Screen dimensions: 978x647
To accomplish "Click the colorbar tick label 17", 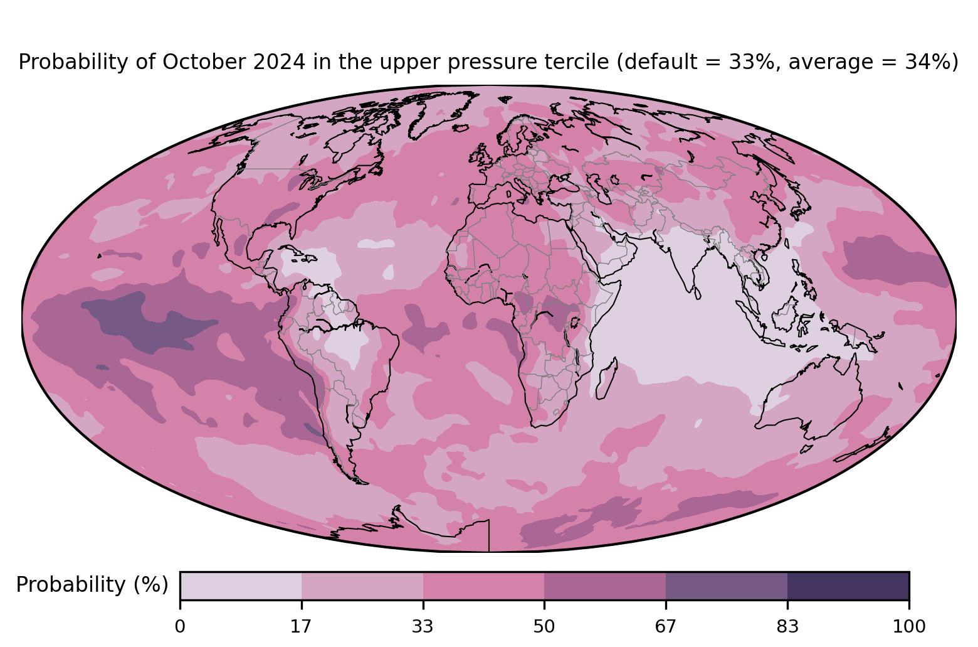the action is click(301, 627).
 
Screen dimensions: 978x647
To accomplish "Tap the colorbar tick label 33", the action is click(423, 627).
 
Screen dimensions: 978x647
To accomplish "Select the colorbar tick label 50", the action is click(544, 627).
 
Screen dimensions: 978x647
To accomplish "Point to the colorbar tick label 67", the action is click(665, 627).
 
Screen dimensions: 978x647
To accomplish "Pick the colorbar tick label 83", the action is click(787, 627).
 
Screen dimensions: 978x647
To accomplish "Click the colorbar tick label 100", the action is click(909, 627).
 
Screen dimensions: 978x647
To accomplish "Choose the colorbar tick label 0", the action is click(180, 627).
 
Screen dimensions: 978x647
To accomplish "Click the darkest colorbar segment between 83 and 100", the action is click(848, 586).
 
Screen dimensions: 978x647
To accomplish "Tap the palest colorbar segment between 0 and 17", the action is click(241, 586).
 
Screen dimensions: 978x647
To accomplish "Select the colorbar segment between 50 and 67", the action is click(605, 586).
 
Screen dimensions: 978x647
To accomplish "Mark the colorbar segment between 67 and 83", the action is click(727, 586).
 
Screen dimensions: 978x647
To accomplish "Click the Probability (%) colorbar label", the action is click(92, 585).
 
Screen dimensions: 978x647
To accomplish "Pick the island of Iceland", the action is click(461, 128).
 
